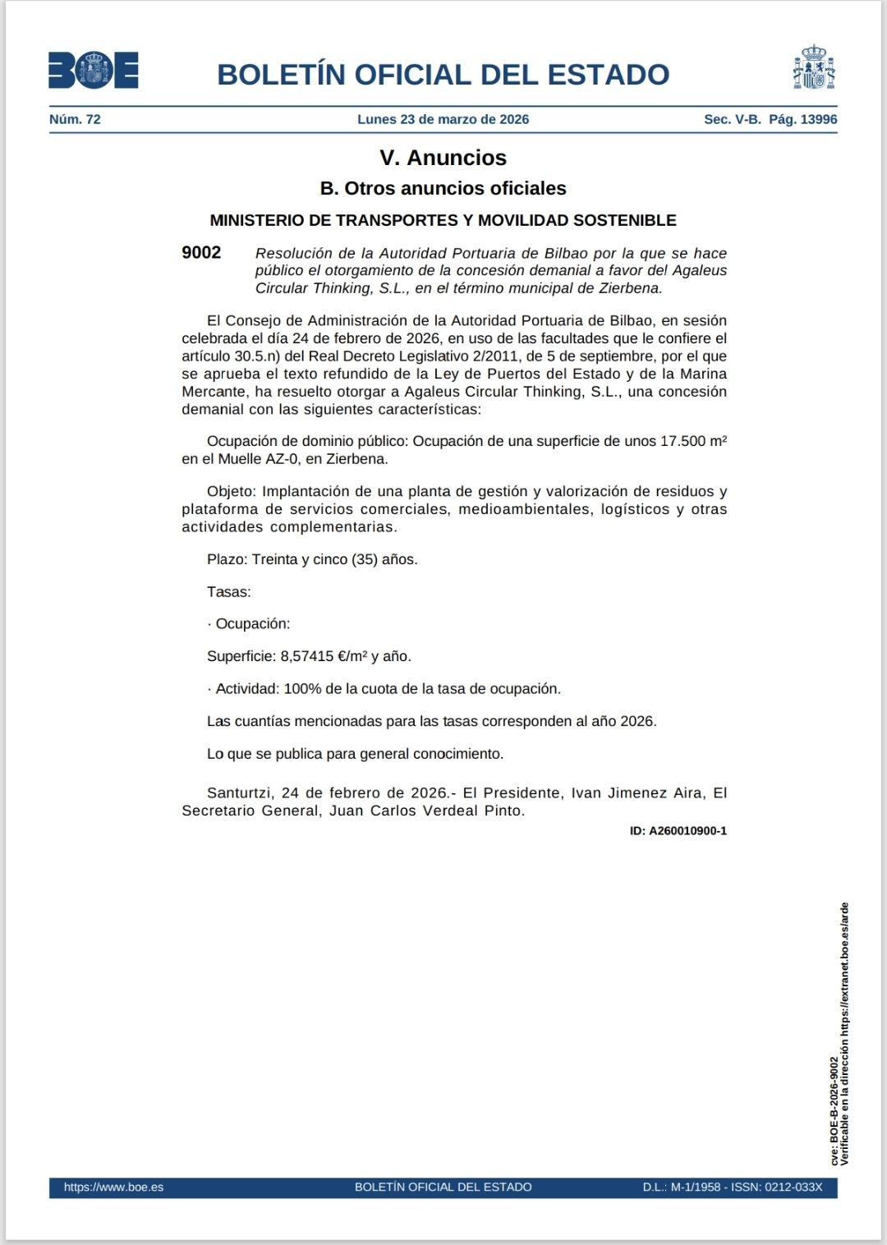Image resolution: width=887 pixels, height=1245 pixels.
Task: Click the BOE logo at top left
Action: point(93,71)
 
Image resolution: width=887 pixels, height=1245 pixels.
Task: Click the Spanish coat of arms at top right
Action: point(813,68)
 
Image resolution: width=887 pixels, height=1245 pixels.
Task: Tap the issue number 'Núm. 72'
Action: point(75,119)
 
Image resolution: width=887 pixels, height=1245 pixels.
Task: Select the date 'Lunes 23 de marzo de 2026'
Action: point(443,119)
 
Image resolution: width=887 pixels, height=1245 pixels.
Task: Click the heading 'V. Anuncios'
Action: point(443,158)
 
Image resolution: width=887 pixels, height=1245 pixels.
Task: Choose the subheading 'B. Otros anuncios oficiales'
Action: point(443,189)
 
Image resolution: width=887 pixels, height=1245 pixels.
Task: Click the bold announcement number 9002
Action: point(201,253)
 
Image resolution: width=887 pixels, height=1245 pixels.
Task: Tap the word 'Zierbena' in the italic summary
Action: point(631,288)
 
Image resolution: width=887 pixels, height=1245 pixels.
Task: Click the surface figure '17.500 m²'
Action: point(693,441)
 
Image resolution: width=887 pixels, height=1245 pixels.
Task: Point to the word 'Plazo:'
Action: point(227,559)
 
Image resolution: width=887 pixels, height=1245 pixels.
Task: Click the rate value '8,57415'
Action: point(307,656)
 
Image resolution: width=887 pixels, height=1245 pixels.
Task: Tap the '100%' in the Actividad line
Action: point(302,689)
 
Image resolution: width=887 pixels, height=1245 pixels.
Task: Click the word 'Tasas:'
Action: point(229,592)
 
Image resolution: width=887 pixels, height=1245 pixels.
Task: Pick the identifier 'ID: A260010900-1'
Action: point(678,831)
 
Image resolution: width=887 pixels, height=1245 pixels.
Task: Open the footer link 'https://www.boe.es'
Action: point(113,1188)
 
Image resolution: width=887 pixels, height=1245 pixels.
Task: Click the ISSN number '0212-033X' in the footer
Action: point(794,1188)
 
